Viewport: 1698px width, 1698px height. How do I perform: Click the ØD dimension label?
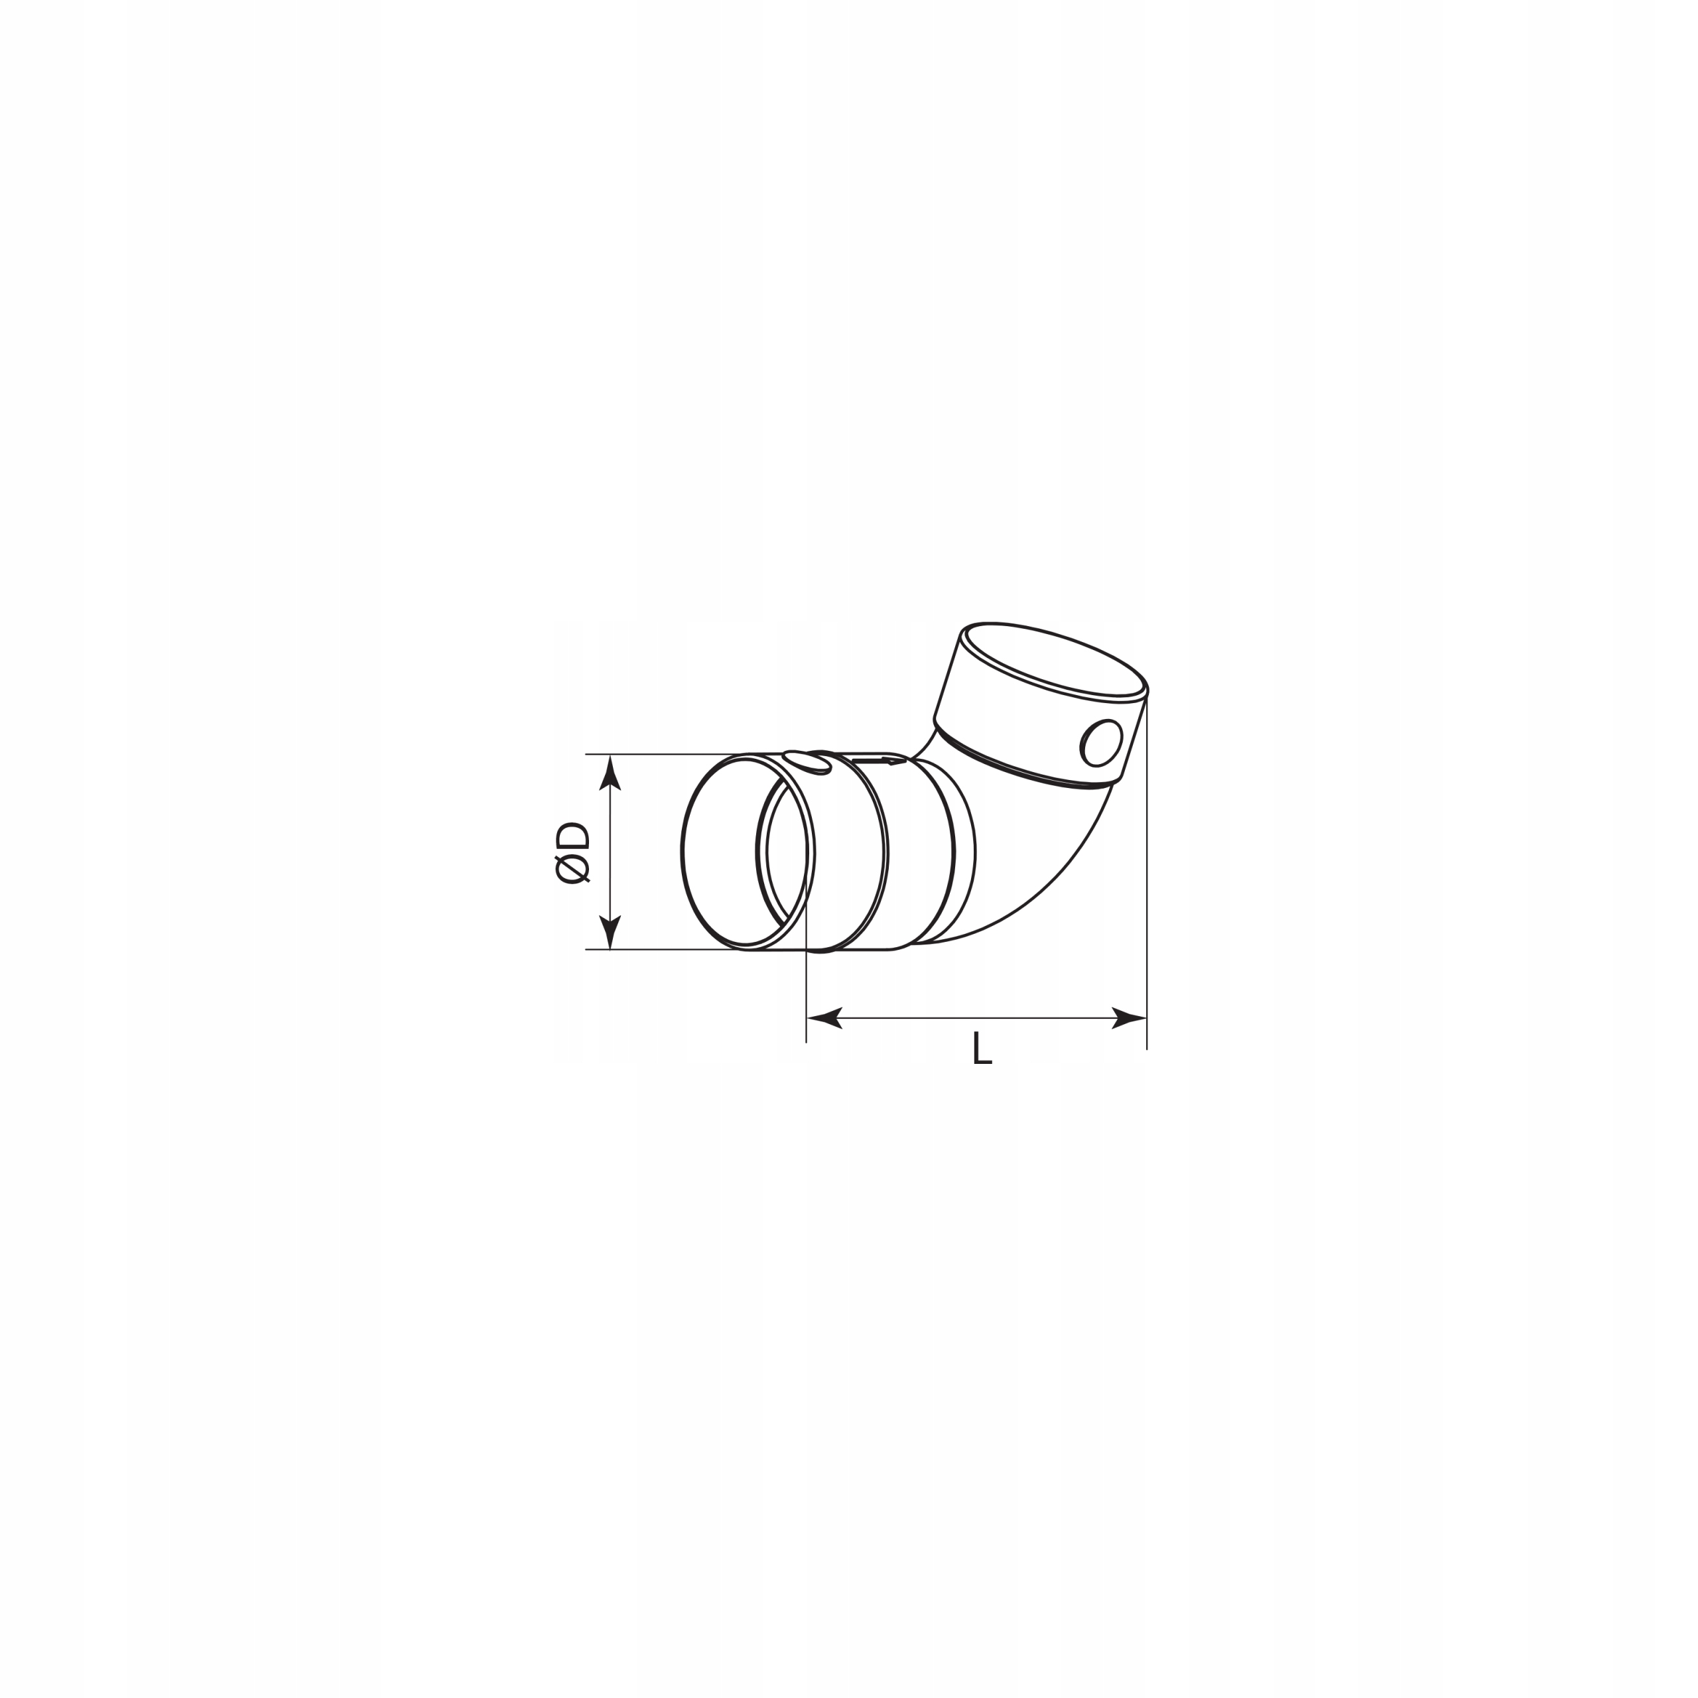tap(573, 852)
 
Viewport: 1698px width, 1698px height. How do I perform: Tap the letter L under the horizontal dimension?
tap(982, 1049)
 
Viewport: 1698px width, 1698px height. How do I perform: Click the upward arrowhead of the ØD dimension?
tap(610, 773)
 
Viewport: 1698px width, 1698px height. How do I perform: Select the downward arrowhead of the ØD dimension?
tap(610, 933)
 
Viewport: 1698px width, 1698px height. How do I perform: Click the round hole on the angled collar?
tap(1100, 743)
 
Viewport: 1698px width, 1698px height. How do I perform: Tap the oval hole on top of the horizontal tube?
tap(806, 762)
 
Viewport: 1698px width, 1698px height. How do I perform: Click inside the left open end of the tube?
tap(721, 852)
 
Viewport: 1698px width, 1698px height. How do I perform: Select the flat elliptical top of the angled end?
tap(1055, 660)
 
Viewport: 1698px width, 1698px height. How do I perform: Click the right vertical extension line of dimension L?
tap(1147, 879)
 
